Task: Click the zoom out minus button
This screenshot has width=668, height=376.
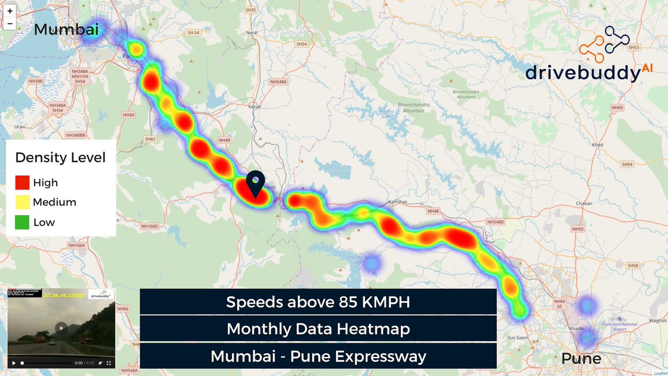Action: [10, 24]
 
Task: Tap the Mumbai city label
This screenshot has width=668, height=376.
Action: [66, 30]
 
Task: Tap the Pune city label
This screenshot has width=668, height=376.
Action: [581, 358]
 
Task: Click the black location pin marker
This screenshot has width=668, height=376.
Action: [256, 184]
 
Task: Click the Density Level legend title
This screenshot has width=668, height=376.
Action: [60, 158]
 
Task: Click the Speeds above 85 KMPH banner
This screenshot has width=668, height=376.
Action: [318, 302]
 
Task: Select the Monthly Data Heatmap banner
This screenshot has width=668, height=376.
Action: [318, 329]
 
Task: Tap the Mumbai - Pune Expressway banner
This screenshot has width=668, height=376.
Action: [318, 355]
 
